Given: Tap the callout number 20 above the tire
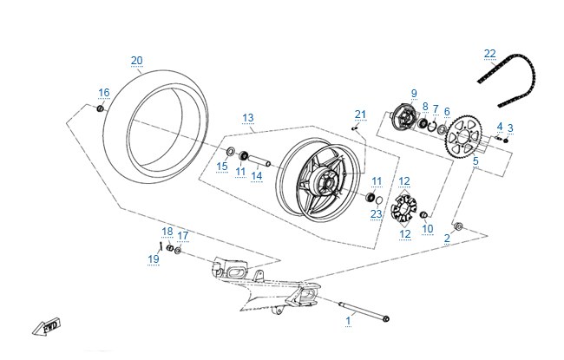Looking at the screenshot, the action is [137, 61].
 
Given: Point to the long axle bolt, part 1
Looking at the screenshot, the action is [364, 311].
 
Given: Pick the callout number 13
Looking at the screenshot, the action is [248, 118].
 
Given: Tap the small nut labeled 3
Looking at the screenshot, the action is [506, 141].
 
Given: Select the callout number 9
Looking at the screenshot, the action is [414, 93].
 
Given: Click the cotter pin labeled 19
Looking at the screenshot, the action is [161, 246].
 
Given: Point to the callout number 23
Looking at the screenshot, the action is [377, 214].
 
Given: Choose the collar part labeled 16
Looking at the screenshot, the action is [101, 108].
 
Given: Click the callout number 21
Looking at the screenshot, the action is [360, 115].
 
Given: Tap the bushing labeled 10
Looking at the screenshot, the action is [424, 215].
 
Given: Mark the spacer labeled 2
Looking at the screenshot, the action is [459, 226].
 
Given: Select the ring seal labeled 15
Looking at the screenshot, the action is [230, 151].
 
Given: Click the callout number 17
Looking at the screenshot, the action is [183, 236].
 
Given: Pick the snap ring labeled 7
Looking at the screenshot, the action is [433, 126].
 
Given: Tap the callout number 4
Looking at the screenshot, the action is [500, 127].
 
